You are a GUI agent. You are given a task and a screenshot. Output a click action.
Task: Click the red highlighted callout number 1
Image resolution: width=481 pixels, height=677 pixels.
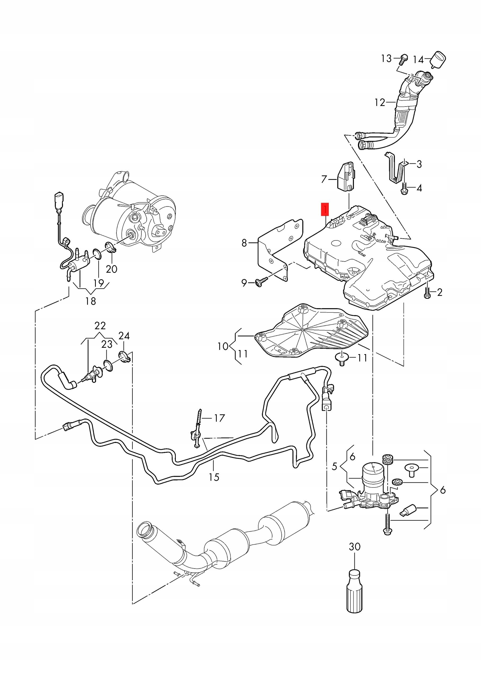tap(325, 210)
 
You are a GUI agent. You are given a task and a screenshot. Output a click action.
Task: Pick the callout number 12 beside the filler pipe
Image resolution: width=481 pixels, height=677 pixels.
tap(380, 103)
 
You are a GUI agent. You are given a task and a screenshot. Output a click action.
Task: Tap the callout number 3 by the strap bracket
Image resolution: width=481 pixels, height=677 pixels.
tap(419, 164)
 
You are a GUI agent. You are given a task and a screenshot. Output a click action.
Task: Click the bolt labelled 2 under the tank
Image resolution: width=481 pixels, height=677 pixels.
tap(427, 293)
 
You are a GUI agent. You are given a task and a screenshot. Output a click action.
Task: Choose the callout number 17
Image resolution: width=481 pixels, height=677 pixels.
tap(219, 418)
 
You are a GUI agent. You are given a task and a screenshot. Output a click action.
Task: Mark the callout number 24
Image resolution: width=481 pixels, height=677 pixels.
tap(124, 336)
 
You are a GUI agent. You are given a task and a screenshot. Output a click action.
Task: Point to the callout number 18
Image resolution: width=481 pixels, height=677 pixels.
tap(91, 301)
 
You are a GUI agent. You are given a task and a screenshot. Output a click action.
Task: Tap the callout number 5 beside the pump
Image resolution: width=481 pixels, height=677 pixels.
tap(334, 466)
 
